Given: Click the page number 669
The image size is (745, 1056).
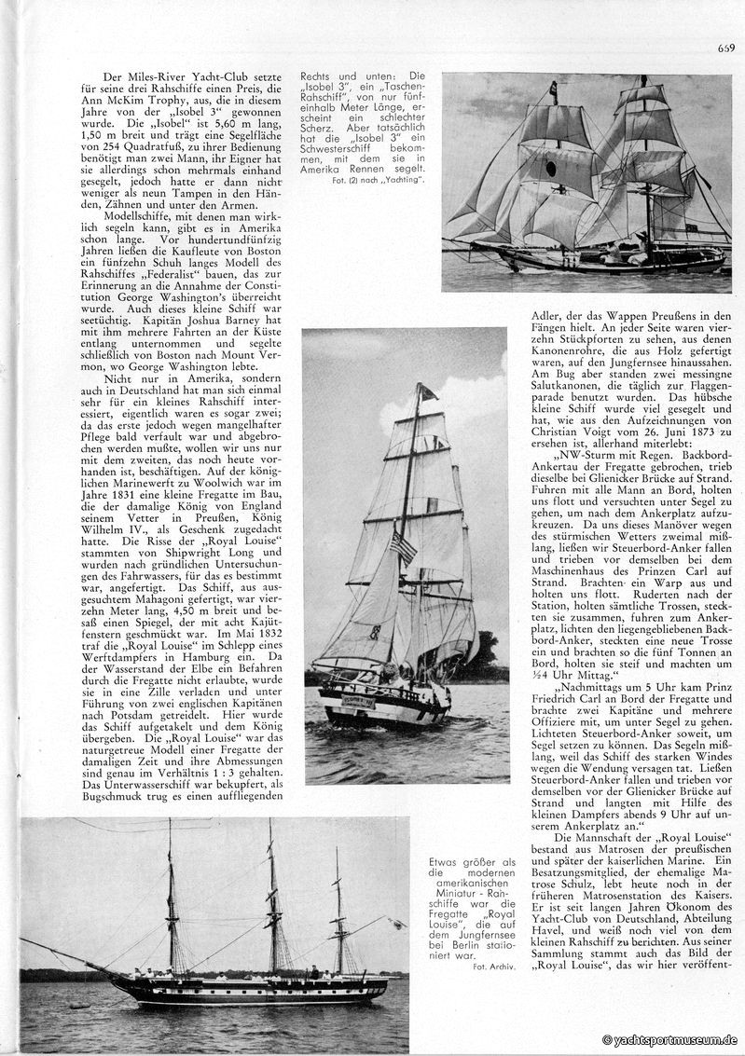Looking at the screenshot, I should point(725,48).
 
